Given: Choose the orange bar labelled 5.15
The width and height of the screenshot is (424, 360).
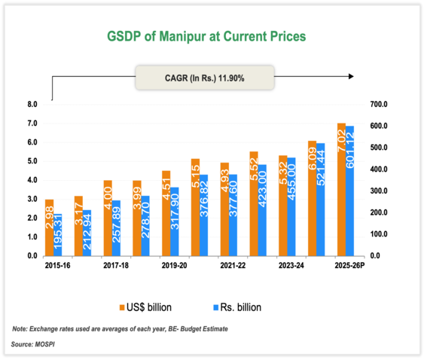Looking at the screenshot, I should coord(195,207).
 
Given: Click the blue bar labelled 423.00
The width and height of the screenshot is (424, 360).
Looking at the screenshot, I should coord(262,210).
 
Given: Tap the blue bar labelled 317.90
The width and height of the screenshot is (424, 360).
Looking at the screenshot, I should coord(175,221).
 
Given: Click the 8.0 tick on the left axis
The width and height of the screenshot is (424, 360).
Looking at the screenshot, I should coord(32,104).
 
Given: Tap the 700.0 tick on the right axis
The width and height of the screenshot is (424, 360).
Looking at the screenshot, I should coord(379,104).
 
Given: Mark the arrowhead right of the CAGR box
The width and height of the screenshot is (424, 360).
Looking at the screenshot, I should coord(351,76).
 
